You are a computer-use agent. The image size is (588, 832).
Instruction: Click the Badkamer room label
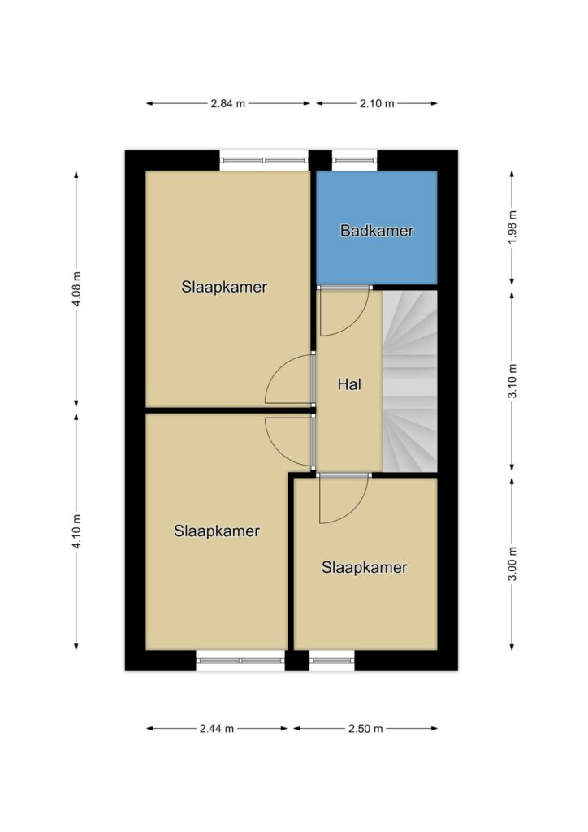click(377, 230)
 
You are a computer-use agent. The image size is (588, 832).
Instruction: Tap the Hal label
click(349, 383)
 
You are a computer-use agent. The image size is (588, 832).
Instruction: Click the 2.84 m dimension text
click(228, 103)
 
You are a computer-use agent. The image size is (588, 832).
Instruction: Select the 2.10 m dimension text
click(377, 103)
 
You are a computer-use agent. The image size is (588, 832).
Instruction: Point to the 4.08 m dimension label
click(77, 288)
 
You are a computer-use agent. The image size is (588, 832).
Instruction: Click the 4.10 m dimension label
click(77, 531)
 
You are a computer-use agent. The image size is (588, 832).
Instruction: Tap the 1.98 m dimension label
click(512, 227)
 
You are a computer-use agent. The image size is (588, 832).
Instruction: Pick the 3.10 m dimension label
click(512, 381)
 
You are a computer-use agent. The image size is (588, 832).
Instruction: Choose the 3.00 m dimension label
click(512, 564)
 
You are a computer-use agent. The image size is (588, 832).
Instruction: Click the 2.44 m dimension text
click(217, 729)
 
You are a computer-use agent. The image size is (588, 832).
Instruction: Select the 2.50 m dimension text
click(365, 729)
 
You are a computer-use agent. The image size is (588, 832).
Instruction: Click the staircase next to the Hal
click(410, 381)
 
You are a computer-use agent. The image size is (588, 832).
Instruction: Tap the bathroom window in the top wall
click(355, 160)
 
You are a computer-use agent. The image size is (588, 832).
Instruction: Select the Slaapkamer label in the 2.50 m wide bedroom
click(365, 567)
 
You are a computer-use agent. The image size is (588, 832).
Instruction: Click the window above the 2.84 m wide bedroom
click(264, 160)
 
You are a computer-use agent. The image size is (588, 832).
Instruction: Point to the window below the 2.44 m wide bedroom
click(240, 661)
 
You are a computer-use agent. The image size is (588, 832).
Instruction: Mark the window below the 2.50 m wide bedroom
click(332, 661)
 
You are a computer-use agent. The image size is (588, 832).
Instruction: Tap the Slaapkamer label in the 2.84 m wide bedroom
click(223, 287)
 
